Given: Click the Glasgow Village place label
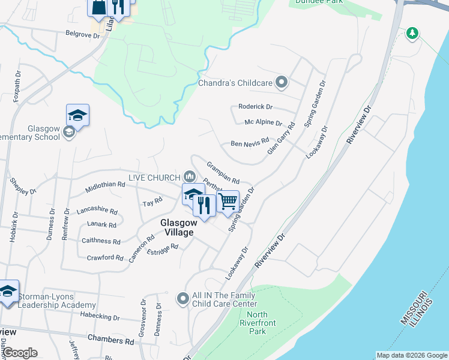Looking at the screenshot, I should click(177, 227).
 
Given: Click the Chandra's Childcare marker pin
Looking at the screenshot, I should click(282, 83).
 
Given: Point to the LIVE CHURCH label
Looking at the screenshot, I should click(154, 178).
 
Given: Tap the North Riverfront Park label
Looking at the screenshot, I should click(257, 323).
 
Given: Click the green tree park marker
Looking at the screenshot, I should click(412, 32).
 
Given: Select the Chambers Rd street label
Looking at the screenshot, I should click(110, 340).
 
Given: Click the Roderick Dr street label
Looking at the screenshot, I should click(255, 107).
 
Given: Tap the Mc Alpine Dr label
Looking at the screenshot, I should click(263, 122).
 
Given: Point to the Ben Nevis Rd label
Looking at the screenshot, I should click(250, 145).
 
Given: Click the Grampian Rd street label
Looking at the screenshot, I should click(223, 172).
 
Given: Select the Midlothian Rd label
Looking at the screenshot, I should click(104, 186).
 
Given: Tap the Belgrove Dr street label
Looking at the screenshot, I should click(82, 35).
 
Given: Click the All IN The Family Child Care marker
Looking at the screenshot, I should click(182, 298).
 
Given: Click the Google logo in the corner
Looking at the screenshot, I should click(19, 353).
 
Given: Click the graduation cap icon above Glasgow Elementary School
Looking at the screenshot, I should click(77, 115).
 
